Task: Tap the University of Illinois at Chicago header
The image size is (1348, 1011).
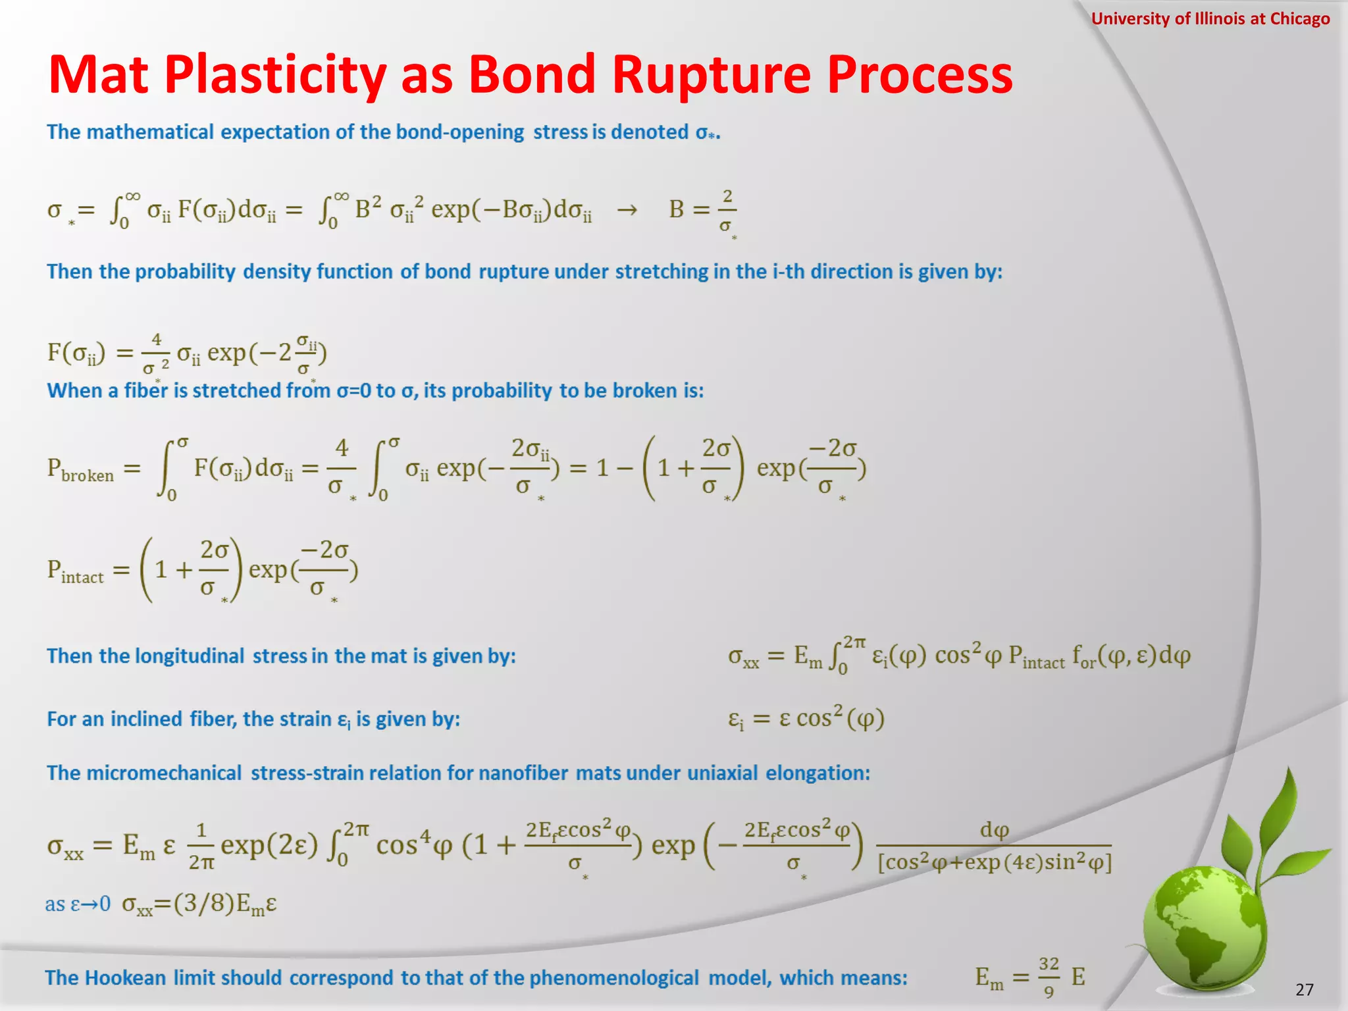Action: click(1210, 18)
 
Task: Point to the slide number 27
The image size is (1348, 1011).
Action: click(1304, 989)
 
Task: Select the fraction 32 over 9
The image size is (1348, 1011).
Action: click(1049, 977)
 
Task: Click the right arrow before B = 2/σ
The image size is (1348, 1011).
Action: click(627, 210)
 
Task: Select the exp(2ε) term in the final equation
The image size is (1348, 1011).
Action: click(269, 844)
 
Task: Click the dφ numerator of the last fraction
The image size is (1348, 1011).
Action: click(994, 830)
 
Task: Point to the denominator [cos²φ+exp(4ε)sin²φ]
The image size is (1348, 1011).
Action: click(994, 862)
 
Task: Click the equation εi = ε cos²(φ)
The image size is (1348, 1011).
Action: click(806, 718)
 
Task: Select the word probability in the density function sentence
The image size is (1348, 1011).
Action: click(185, 272)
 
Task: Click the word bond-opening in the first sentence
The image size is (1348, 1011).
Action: click(459, 132)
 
